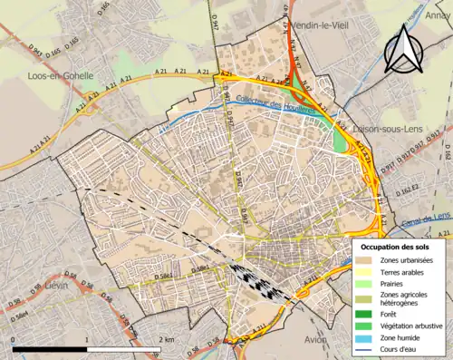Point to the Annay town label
pos(438,15)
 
